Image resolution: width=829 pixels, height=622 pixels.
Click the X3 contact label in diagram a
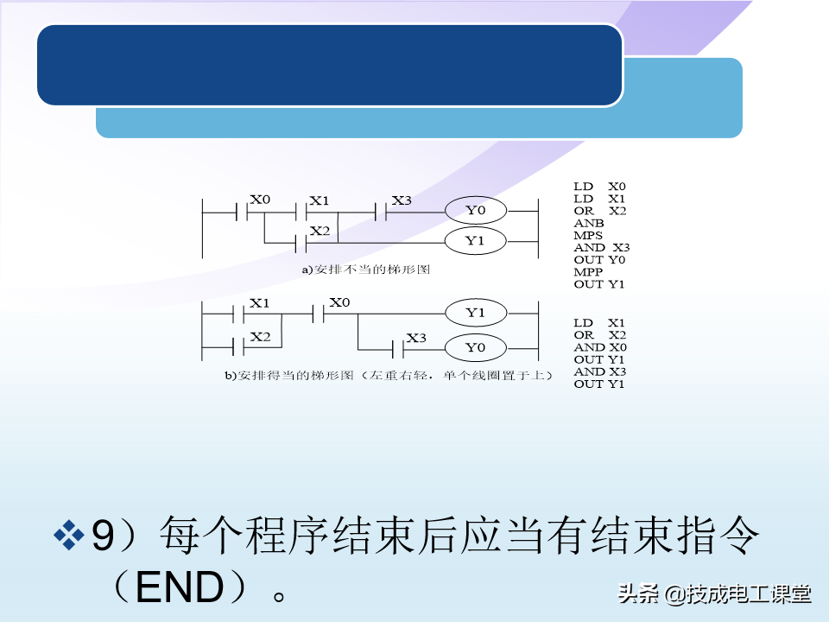pyautogui.click(x=402, y=200)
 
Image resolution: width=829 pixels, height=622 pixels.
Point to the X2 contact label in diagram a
pyautogui.click(x=320, y=232)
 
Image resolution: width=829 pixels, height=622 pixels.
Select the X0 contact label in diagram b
pyautogui.click(x=339, y=302)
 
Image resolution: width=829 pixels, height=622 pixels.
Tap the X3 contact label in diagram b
pyautogui.click(x=416, y=338)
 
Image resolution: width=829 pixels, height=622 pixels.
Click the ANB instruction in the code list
pyautogui.click(x=588, y=223)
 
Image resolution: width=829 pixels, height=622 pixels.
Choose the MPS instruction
pyautogui.click(x=588, y=235)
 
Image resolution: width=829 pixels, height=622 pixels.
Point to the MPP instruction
pyautogui.click(x=588, y=272)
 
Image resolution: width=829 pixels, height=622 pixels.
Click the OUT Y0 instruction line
pyautogui.click(x=599, y=260)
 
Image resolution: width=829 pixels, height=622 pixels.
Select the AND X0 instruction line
pyautogui.click(x=600, y=347)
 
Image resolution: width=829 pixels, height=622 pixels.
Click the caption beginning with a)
pyautogui.click(x=366, y=270)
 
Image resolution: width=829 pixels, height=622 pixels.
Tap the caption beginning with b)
pyautogui.click(x=389, y=376)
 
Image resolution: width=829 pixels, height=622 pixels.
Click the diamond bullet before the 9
pyautogui.click(x=69, y=535)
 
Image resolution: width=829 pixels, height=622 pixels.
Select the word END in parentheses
pyautogui.click(x=180, y=587)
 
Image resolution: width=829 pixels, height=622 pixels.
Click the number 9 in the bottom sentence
pyautogui.click(x=103, y=536)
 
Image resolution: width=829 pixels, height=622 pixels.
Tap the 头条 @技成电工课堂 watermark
pyautogui.click(x=714, y=594)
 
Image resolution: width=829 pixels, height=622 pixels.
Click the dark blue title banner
pyautogui.click(x=330, y=65)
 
